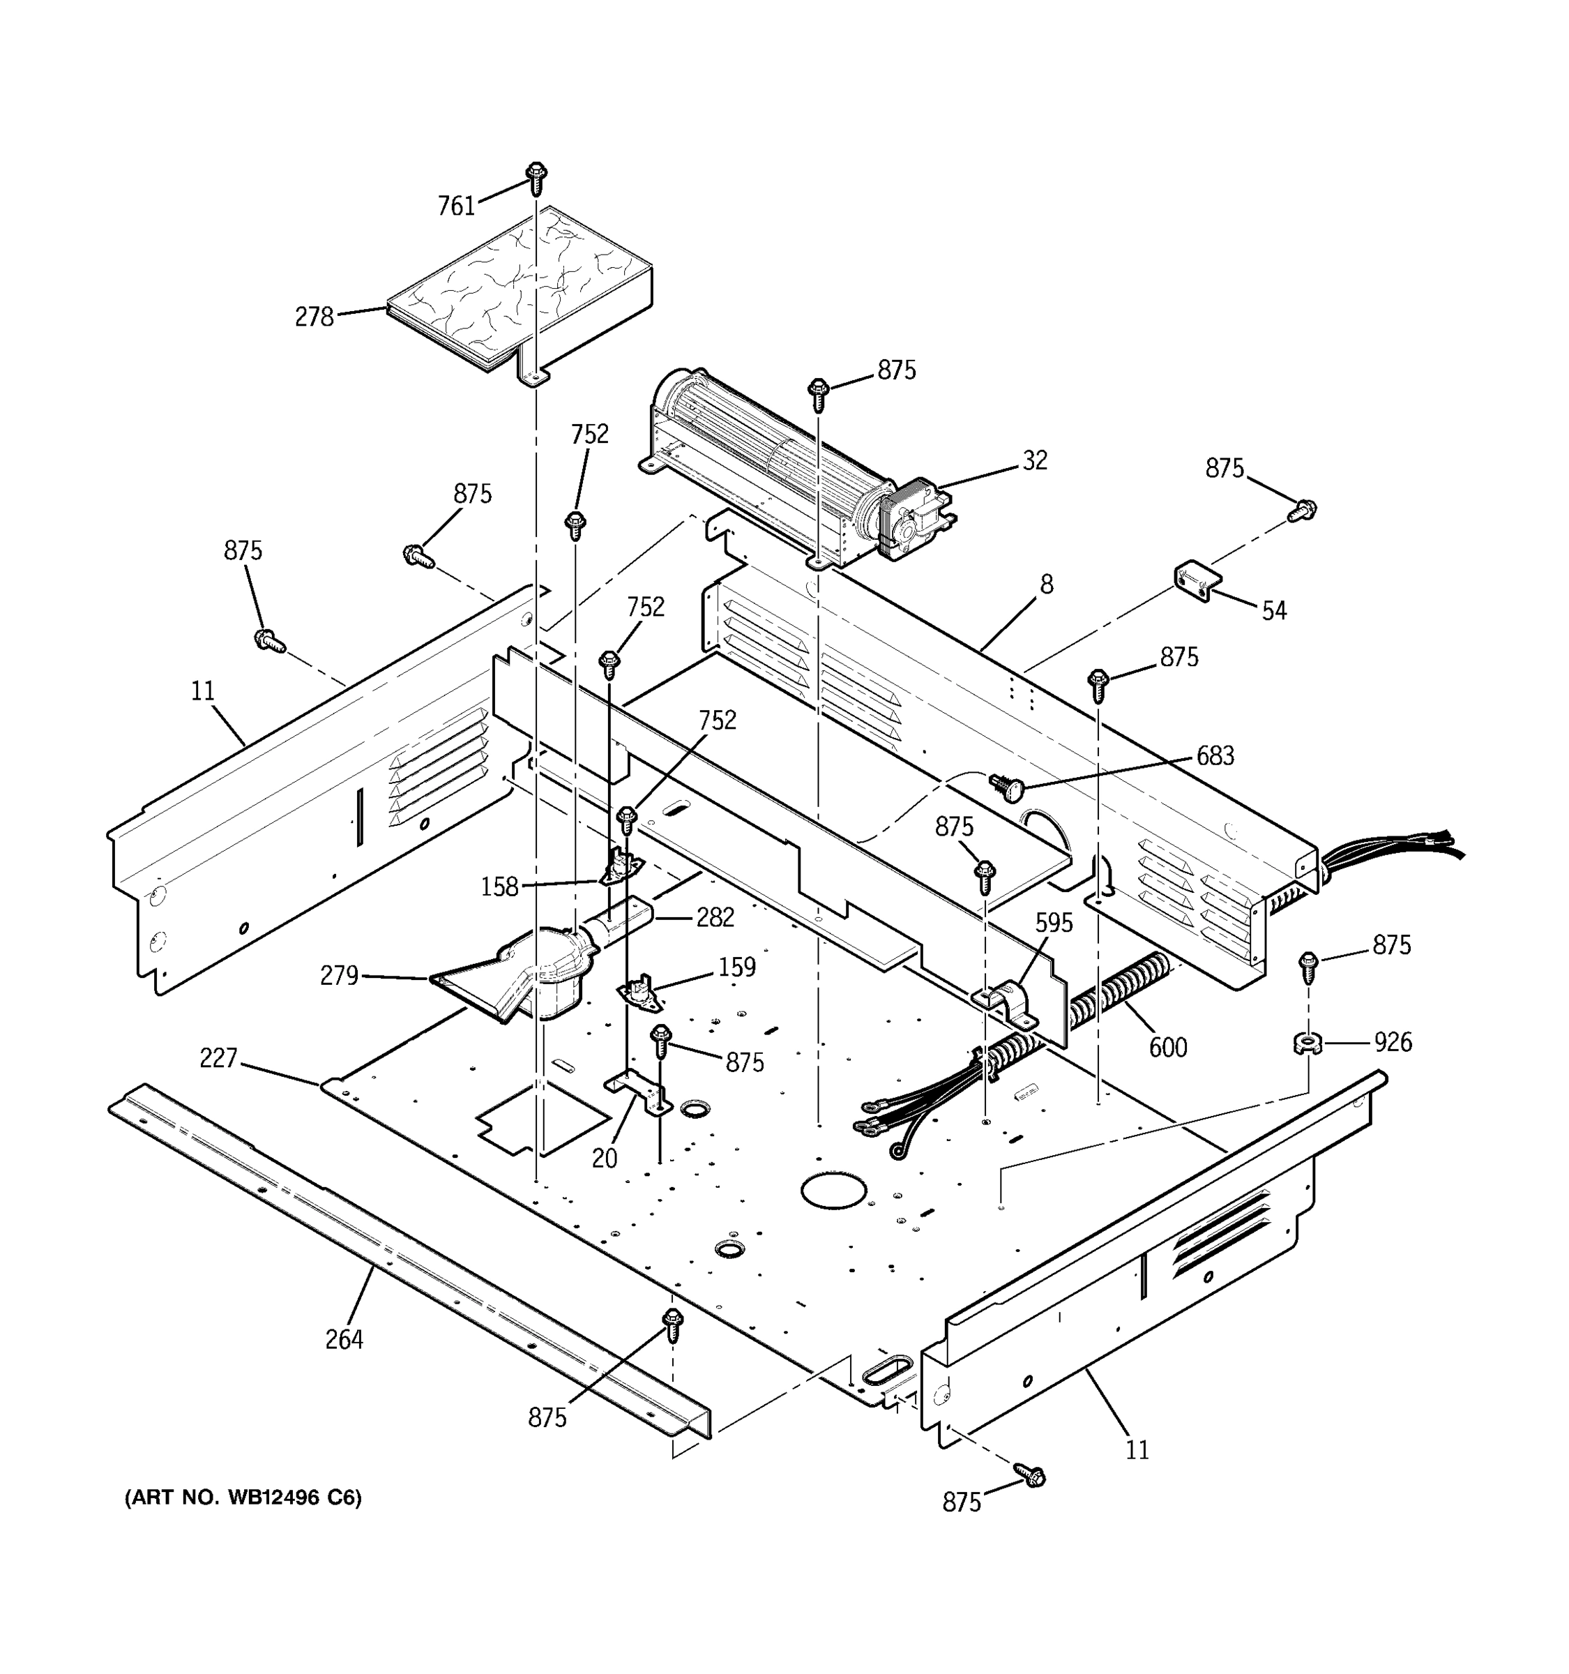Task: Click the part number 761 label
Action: [456, 206]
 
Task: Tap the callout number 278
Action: [314, 317]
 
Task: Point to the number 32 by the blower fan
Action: [1035, 460]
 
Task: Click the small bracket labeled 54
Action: [1197, 581]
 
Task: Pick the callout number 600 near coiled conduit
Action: [1167, 1048]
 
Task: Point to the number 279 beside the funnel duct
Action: [339, 976]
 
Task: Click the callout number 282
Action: [715, 918]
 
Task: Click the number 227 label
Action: [218, 1059]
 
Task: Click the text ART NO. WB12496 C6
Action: [243, 1497]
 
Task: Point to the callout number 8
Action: [1046, 585]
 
